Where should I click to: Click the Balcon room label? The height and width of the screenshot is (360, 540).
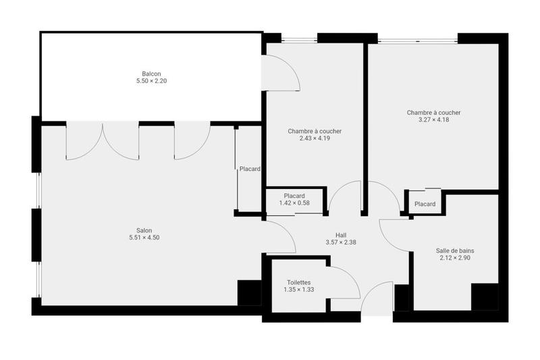151,74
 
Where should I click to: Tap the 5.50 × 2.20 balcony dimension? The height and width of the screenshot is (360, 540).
151,81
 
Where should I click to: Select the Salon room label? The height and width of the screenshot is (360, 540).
144,230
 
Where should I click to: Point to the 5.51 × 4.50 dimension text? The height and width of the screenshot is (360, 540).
144,237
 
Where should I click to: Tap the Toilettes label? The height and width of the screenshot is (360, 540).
299,282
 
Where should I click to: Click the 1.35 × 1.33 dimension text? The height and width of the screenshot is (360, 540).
299,290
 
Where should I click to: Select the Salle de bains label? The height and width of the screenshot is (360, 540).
455,251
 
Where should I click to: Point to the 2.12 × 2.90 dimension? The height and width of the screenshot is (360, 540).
455,258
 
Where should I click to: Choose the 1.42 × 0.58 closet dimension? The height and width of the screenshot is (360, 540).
294,203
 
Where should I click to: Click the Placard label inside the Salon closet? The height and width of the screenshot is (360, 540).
250,169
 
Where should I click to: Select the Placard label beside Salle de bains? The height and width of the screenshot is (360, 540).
425,204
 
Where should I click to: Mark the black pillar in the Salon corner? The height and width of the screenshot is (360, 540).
248,292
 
